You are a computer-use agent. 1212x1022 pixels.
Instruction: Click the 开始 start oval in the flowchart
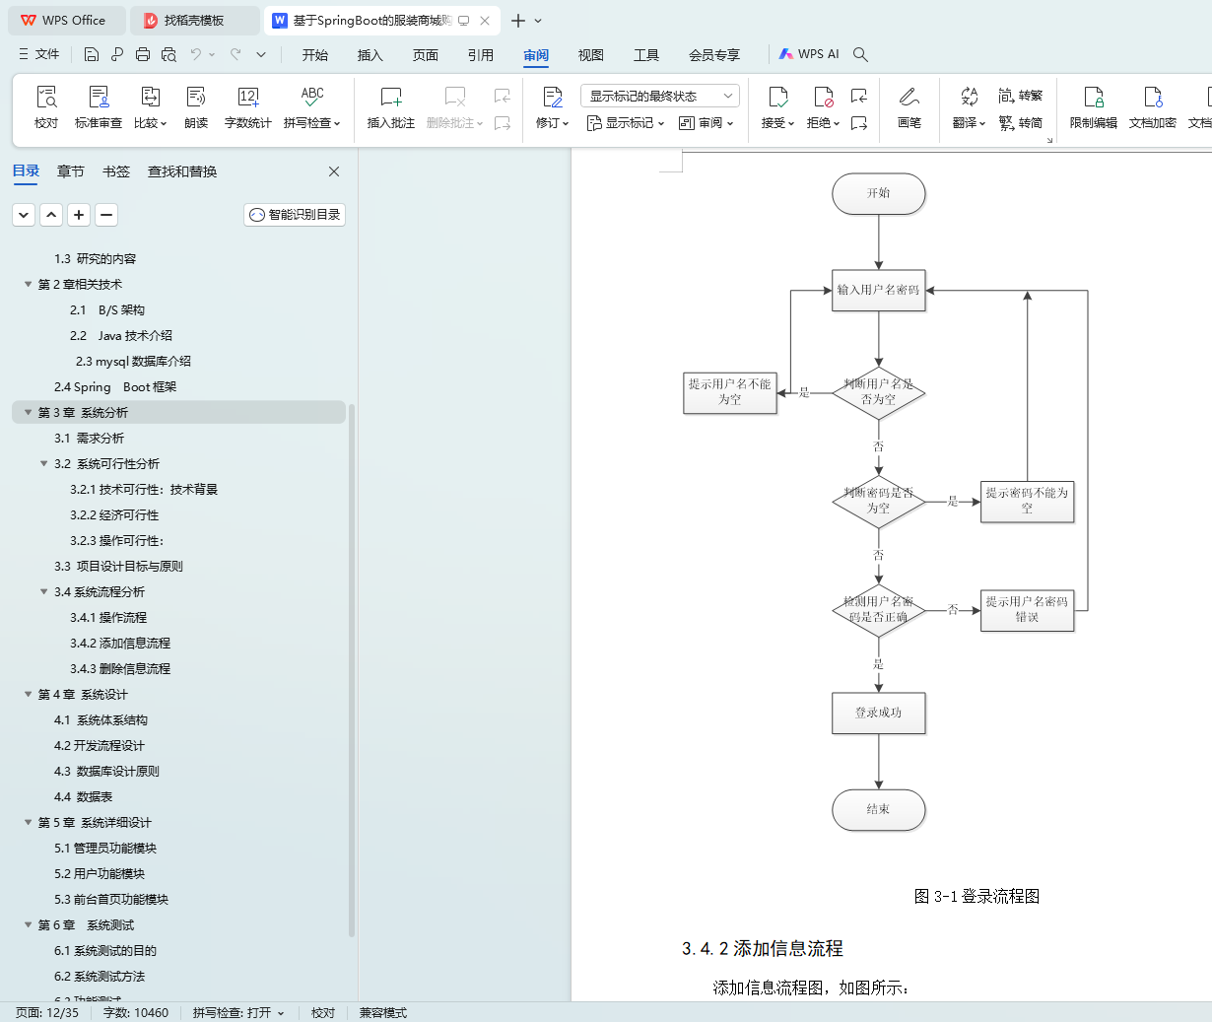(x=878, y=193)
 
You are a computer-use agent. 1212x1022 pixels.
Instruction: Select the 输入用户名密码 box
(x=878, y=290)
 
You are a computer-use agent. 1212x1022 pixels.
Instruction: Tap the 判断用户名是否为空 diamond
(x=878, y=392)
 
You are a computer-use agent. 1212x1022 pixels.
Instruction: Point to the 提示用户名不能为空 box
(x=729, y=392)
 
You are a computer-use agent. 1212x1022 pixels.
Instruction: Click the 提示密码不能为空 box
(x=1027, y=501)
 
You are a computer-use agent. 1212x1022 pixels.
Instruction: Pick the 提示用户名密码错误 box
(x=1027, y=609)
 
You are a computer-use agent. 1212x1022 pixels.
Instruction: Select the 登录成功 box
(x=878, y=713)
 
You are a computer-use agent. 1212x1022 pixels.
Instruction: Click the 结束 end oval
(x=878, y=809)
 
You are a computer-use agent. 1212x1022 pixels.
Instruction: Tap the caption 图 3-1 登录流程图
(x=976, y=896)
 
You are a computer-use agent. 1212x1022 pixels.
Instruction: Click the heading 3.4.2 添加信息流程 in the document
(x=763, y=948)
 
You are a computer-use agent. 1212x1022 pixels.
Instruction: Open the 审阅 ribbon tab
(x=536, y=55)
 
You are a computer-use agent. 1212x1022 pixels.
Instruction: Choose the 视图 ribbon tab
(x=591, y=55)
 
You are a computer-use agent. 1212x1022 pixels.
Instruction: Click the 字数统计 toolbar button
(x=247, y=107)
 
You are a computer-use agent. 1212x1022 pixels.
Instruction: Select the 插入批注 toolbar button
(x=391, y=107)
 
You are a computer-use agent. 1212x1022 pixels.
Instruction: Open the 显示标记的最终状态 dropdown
(x=659, y=96)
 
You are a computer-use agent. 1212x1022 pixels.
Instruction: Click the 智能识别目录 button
(x=295, y=215)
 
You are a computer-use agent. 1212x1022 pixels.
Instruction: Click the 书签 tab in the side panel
(x=116, y=171)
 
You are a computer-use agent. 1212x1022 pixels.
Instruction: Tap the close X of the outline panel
(x=334, y=171)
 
